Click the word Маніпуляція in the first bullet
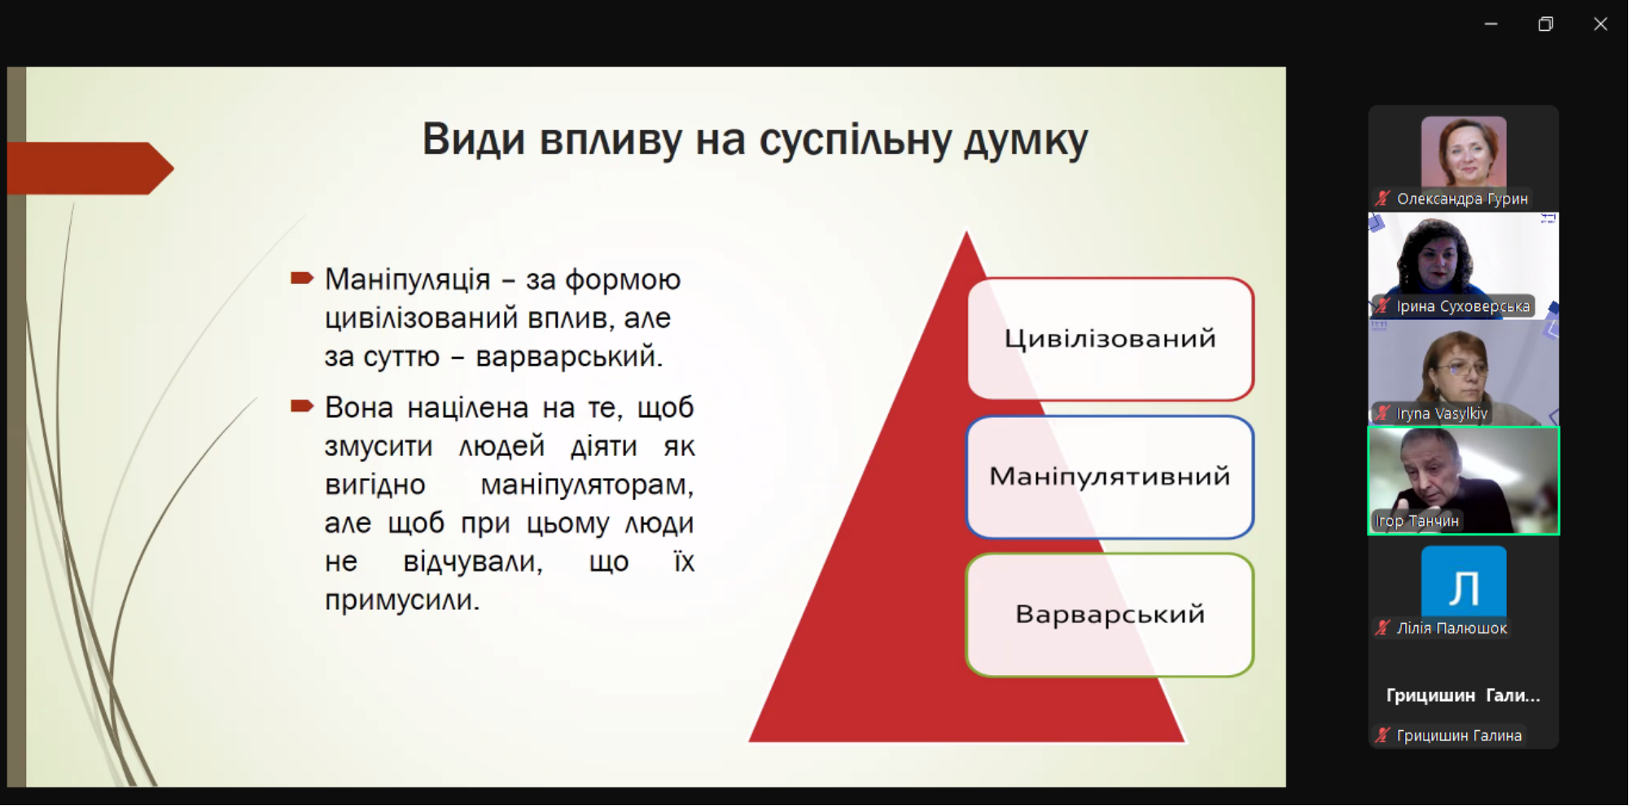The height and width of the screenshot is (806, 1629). coord(407,279)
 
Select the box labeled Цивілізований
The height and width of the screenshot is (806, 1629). coord(1110,339)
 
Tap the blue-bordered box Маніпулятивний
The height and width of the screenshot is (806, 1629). coord(1110,477)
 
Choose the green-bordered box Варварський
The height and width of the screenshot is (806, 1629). coord(1110,615)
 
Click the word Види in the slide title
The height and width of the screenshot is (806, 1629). coord(473,139)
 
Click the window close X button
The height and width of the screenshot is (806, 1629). coord(1601,24)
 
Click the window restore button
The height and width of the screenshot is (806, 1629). coord(1545,24)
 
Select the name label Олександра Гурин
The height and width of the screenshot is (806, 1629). coord(1462,199)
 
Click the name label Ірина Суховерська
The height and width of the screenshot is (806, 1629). coord(1463,306)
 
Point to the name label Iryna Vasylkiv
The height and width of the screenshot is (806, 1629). coord(1442,414)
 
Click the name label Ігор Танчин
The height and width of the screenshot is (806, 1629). coord(1417,521)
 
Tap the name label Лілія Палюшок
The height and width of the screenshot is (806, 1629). coord(1452,629)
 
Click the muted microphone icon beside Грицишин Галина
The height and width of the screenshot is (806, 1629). coord(1382,735)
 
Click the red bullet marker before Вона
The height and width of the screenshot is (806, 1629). coord(302,405)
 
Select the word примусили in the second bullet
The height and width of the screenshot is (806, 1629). coord(402,600)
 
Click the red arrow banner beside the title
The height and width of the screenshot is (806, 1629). coord(90,169)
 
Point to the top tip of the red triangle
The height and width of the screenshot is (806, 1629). coord(966,232)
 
